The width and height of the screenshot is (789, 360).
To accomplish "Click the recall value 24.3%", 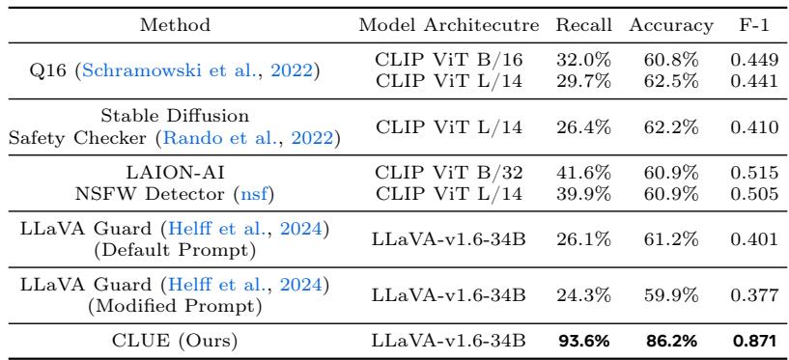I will click(x=577, y=298).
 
